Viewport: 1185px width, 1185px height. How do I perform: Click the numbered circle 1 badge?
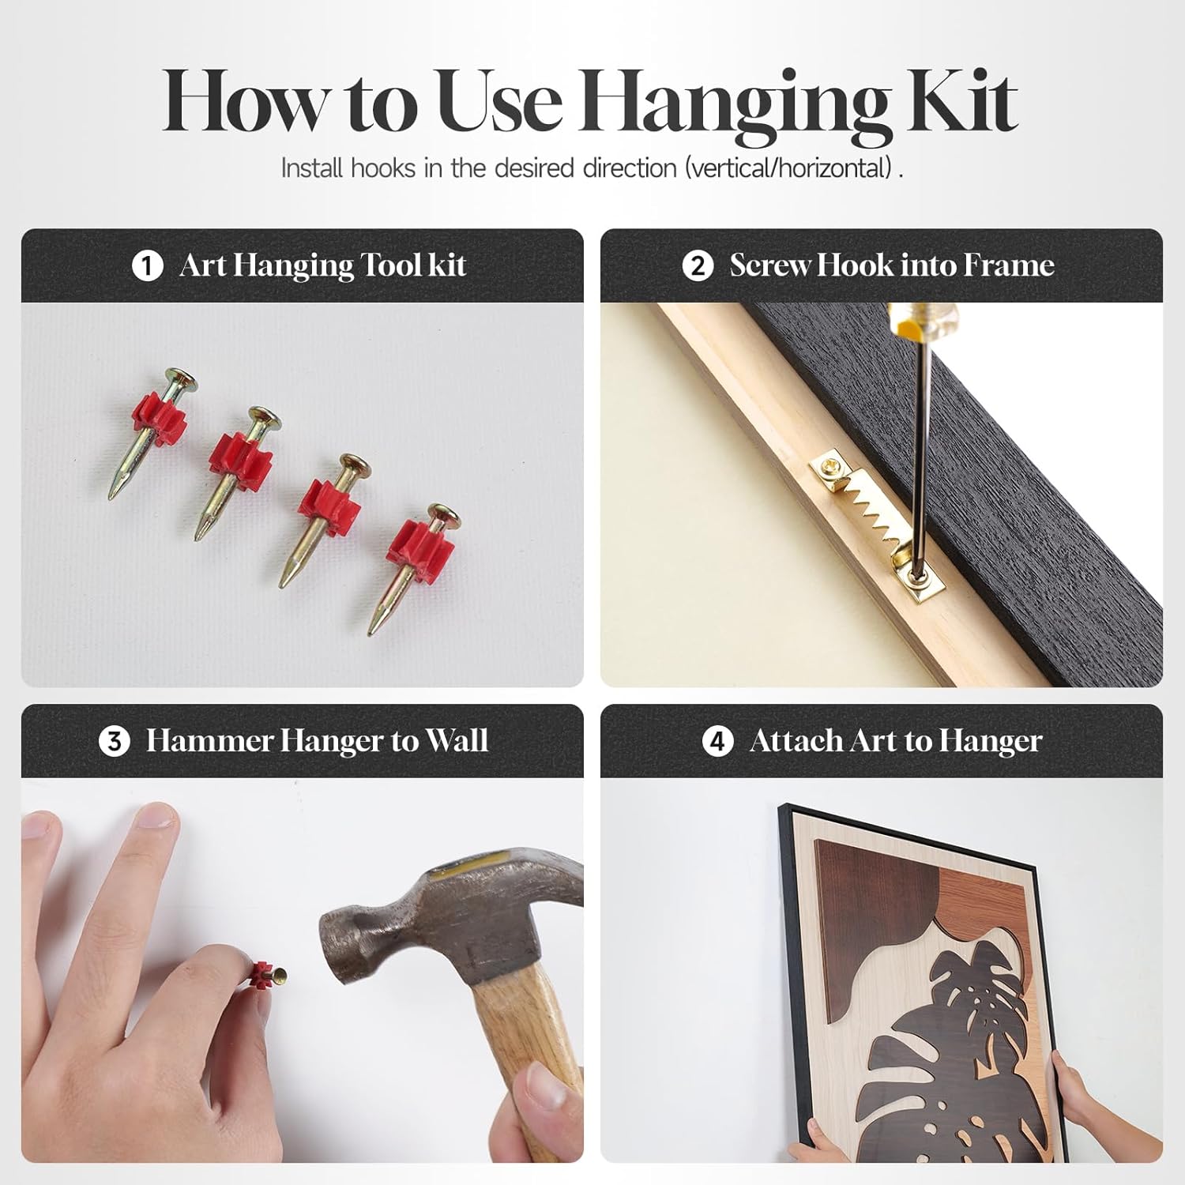(x=147, y=266)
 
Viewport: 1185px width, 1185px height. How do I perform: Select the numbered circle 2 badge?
(x=698, y=266)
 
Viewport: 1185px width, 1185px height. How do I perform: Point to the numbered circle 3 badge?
(x=115, y=742)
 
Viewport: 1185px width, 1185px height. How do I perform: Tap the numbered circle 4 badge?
(x=717, y=742)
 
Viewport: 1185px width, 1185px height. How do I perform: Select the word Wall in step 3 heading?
(x=457, y=741)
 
